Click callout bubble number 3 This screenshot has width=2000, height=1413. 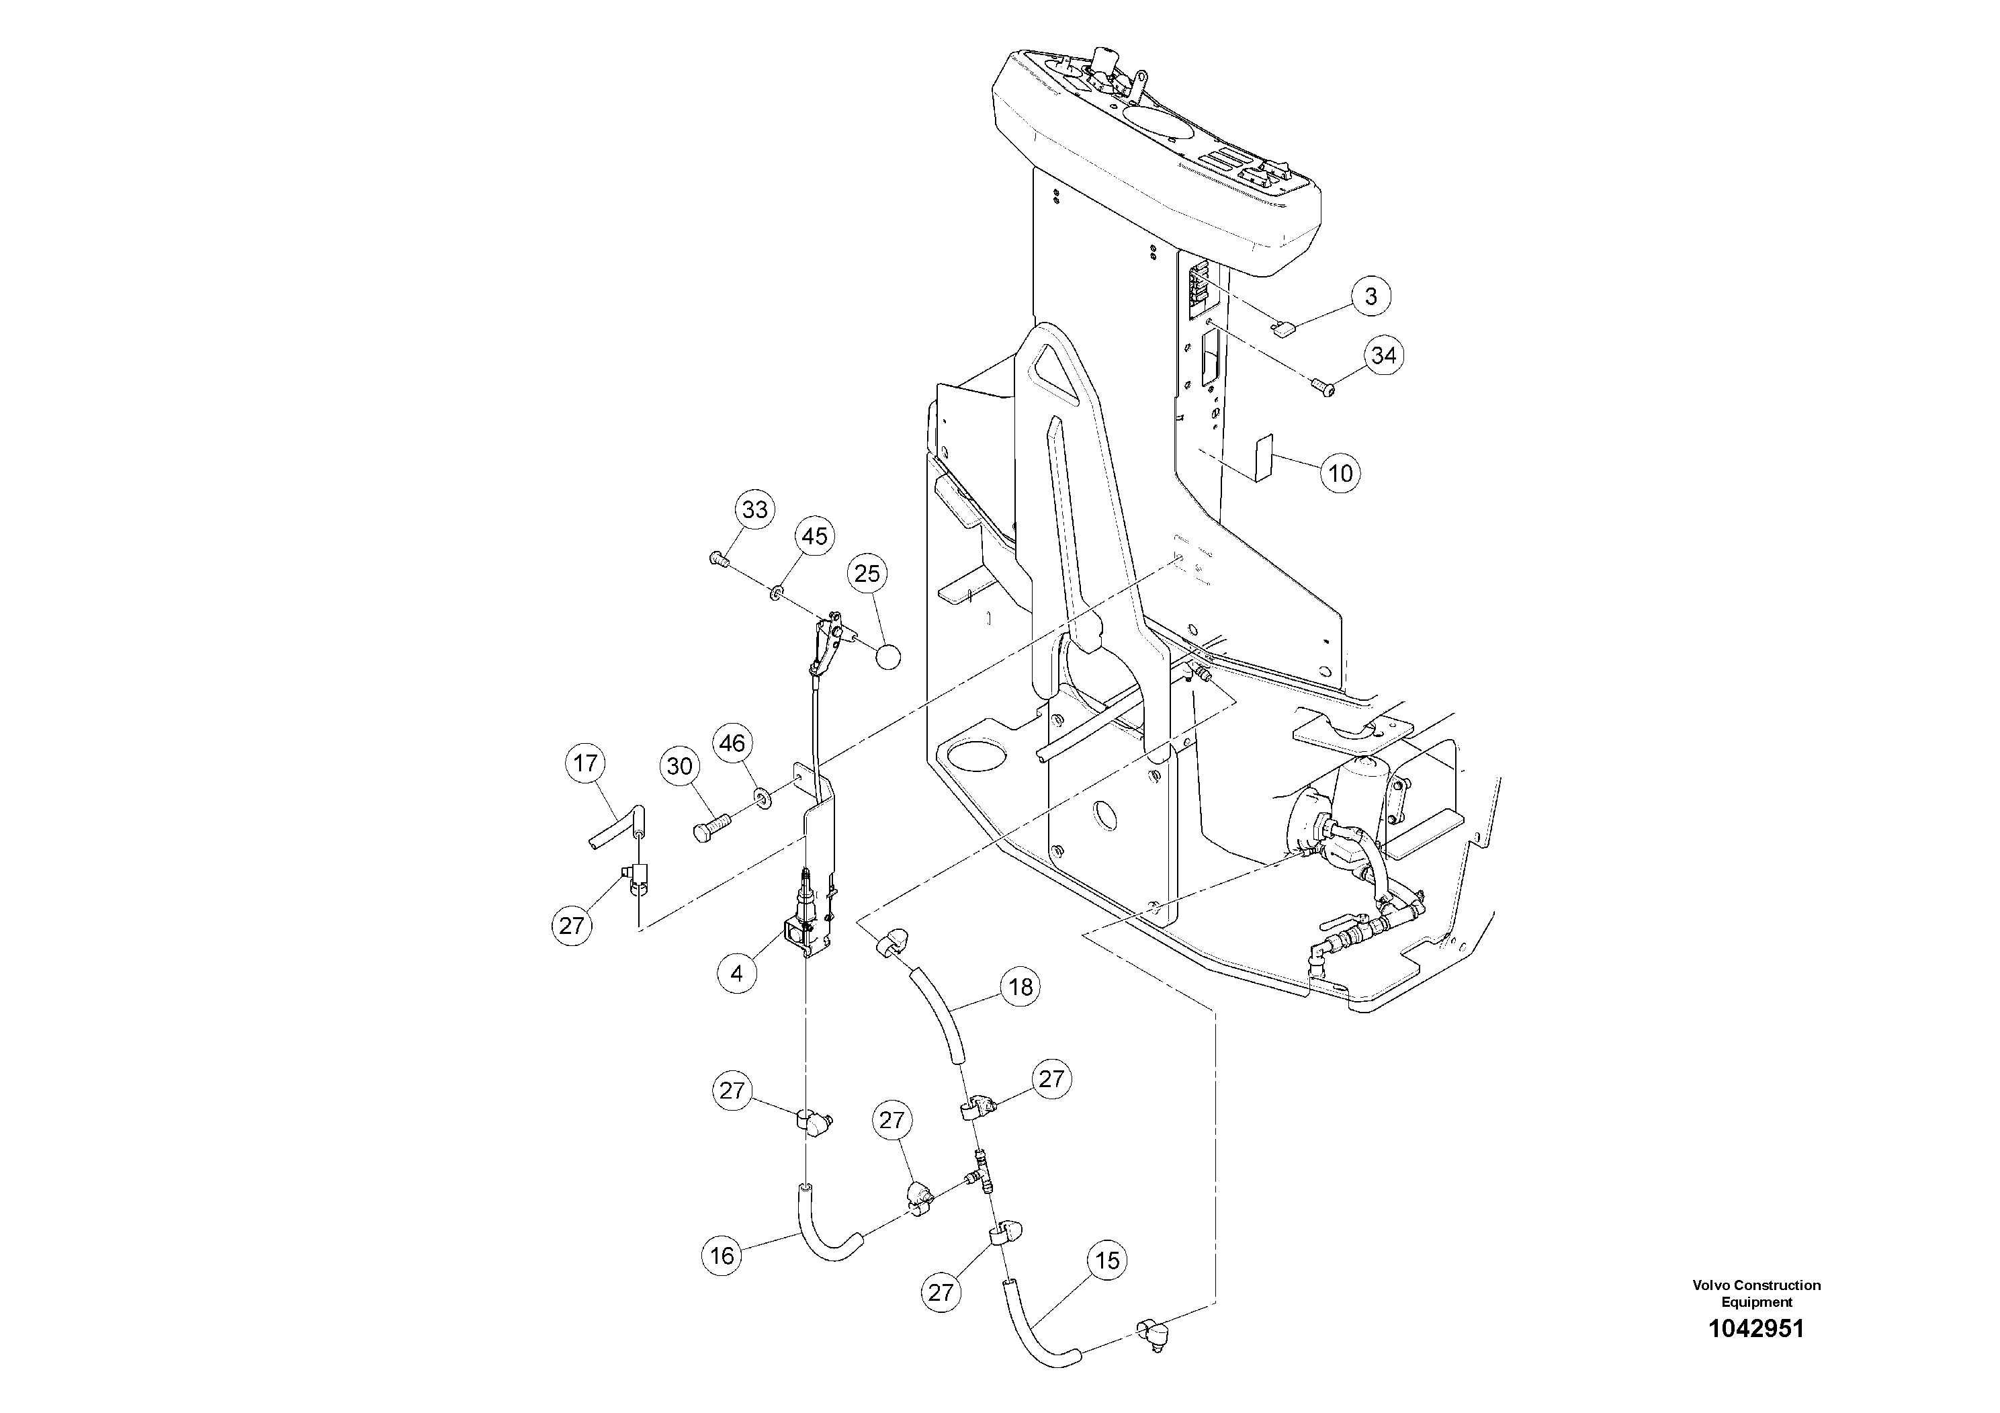point(1371,296)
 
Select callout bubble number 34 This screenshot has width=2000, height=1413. point(1383,355)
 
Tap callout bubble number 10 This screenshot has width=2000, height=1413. point(1340,473)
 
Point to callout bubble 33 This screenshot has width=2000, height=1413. point(754,509)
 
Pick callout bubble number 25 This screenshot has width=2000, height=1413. point(867,573)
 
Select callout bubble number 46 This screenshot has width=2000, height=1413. point(732,743)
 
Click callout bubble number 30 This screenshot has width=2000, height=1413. point(679,766)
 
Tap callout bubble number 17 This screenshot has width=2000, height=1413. point(585,763)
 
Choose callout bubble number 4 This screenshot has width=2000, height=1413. point(737,973)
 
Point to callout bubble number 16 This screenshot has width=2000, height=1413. point(722,1255)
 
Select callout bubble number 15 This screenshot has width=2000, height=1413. point(1106,1260)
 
